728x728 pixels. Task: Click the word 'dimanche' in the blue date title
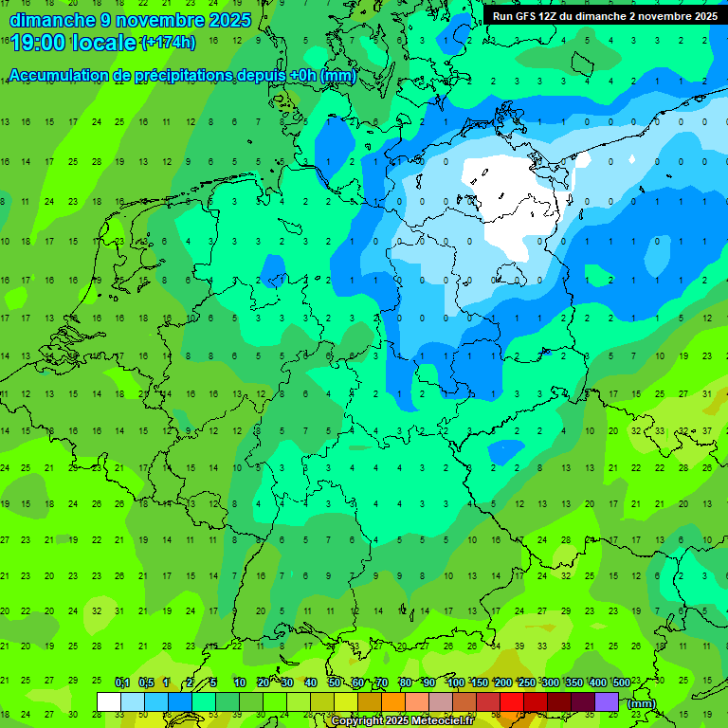pyautogui.click(x=52, y=20)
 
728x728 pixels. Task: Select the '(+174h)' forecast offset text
pyautogui.click(x=168, y=43)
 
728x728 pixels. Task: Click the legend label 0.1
pyautogui.click(x=122, y=682)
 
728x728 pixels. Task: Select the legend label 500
pyautogui.click(x=622, y=682)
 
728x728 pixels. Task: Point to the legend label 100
pyautogui.click(x=456, y=682)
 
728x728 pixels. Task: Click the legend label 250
pyautogui.click(x=527, y=682)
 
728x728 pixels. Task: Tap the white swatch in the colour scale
pyautogui.click(x=109, y=701)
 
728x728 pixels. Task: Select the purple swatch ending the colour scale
pyautogui.click(x=607, y=701)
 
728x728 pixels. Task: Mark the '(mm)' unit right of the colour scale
pyautogui.click(x=642, y=702)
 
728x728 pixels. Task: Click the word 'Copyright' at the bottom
pyautogui.click(x=357, y=721)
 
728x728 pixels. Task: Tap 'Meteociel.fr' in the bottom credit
pyautogui.click(x=441, y=721)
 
